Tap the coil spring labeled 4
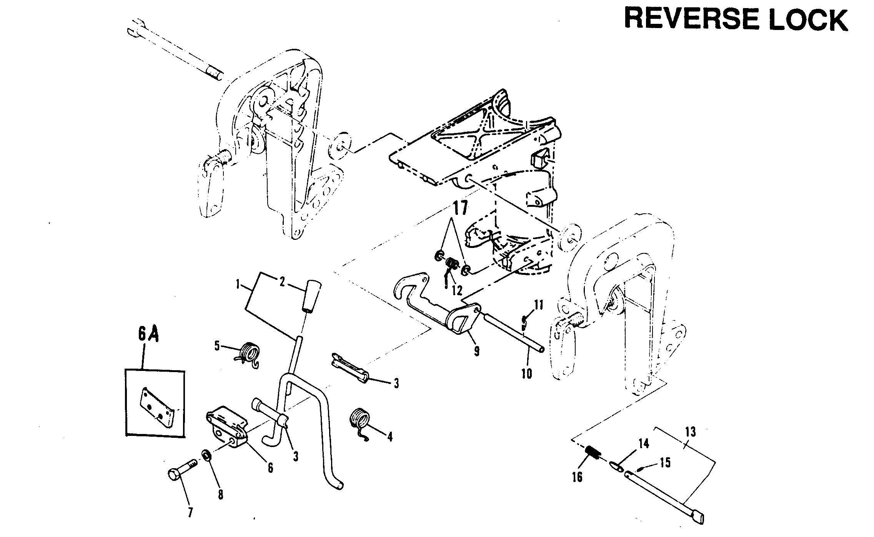[x=360, y=424]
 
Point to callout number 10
[x=526, y=372]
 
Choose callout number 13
[x=690, y=432]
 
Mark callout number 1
[x=238, y=285]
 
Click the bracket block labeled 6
[x=227, y=426]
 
